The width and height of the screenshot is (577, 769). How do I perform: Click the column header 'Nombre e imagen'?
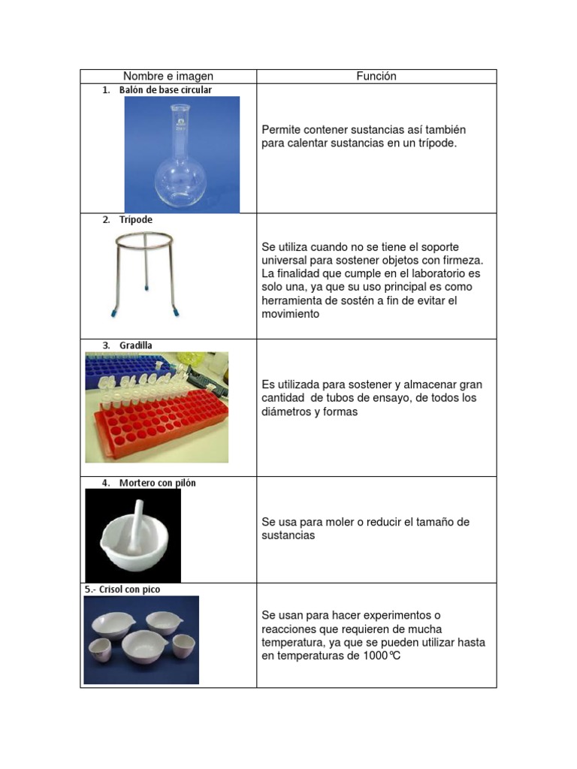click(x=168, y=76)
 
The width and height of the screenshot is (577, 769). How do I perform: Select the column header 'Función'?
click(x=376, y=76)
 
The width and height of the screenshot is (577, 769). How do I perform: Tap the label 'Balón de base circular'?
click(x=165, y=90)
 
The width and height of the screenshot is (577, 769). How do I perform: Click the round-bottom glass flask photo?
click(x=182, y=173)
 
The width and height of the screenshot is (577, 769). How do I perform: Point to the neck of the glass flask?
click(x=180, y=128)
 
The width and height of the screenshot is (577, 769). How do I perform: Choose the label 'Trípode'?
click(x=135, y=220)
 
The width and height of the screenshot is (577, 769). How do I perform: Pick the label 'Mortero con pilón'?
click(x=157, y=483)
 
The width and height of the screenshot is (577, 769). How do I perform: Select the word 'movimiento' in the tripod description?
click(x=290, y=314)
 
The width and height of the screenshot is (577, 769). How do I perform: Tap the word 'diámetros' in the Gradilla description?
click(x=285, y=412)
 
